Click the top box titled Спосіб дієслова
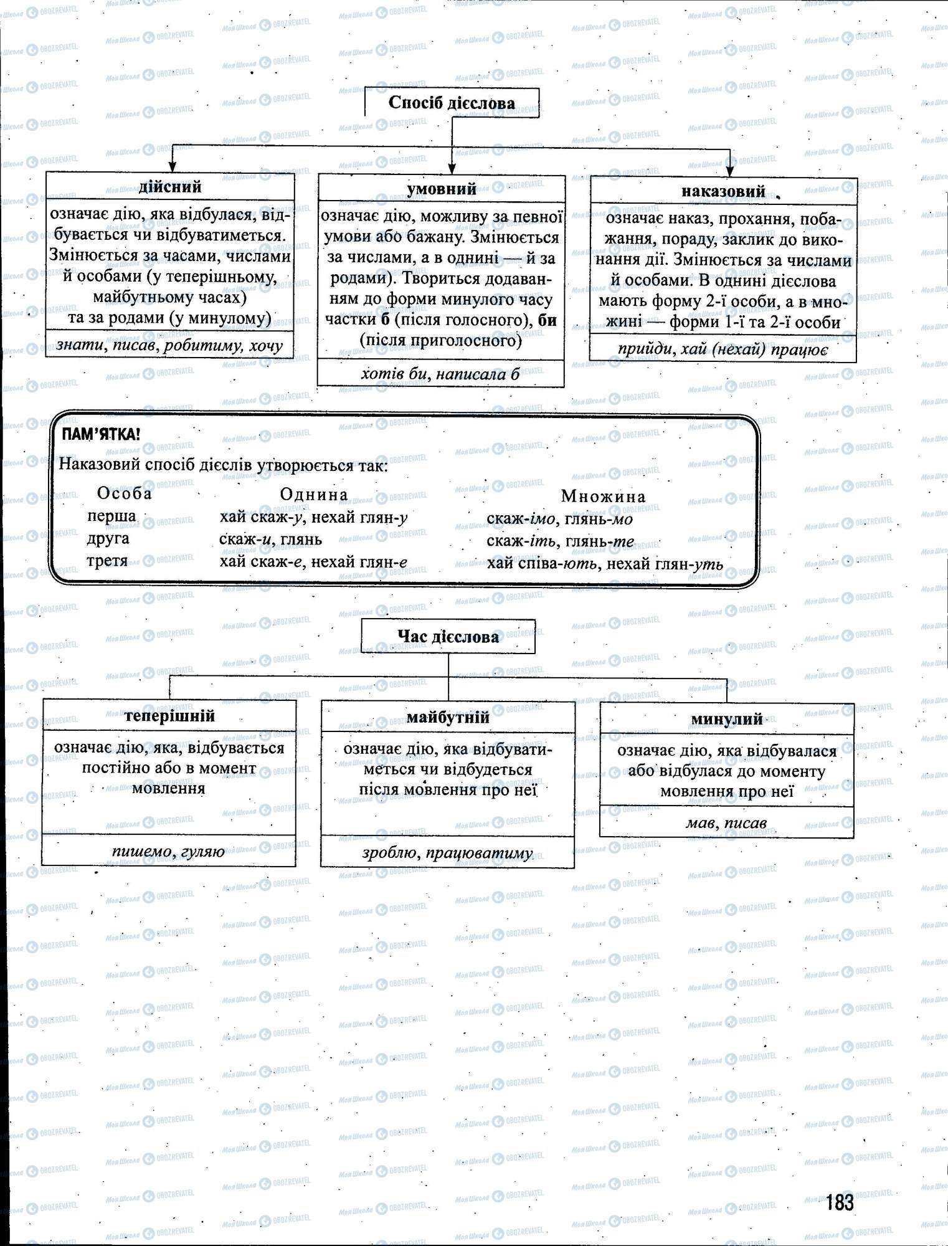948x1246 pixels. click(x=452, y=103)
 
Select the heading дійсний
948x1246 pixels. click(x=170, y=187)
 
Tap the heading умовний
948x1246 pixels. click(x=442, y=189)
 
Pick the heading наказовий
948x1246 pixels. click(x=723, y=191)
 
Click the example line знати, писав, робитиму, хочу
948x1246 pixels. click(x=169, y=345)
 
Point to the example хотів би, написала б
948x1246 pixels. click(x=440, y=374)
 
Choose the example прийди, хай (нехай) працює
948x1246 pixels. click(x=723, y=350)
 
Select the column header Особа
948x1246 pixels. click(x=125, y=493)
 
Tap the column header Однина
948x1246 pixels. click(x=314, y=495)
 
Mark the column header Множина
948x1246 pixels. click(x=604, y=497)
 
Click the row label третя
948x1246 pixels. click(x=107, y=561)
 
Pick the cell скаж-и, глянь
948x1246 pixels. click(x=270, y=540)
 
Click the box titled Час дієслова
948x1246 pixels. click(x=448, y=637)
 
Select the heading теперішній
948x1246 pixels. click(x=169, y=715)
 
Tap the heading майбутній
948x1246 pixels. click(x=448, y=717)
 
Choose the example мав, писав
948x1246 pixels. click(x=726, y=823)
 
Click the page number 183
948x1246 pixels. click(x=840, y=1202)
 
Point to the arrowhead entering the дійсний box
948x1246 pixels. click(x=173, y=166)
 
